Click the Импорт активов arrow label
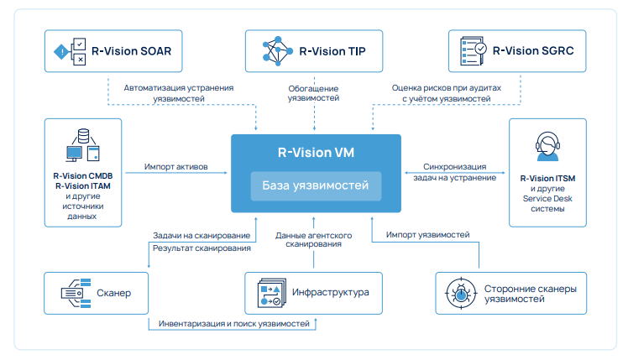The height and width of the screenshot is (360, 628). (x=177, y=167)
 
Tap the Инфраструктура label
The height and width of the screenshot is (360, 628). (x=332, y=294)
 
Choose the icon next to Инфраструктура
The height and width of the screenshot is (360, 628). (x=270, y=294)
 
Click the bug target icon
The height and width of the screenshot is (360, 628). (x=463, y=294)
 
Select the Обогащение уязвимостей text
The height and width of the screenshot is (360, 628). (x=315, y=92)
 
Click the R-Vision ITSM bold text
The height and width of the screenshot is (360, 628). (x=547, y=178)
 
